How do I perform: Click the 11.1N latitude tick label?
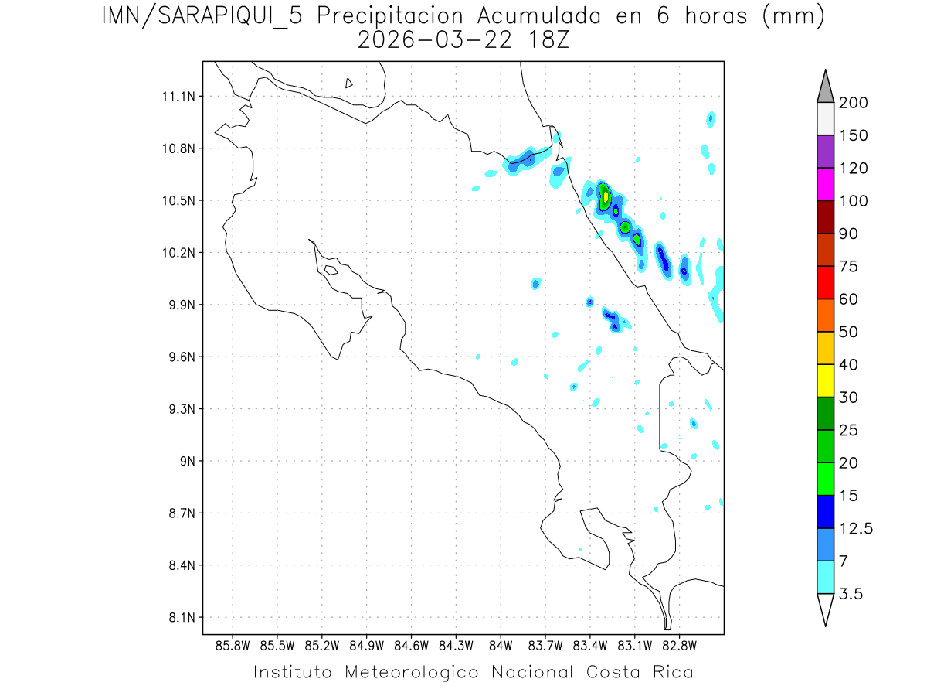click(x=178, y=97)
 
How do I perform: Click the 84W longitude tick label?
click(x=501, y=644)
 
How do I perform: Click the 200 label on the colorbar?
click(x=854, y=104)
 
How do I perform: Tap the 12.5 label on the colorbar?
click(x=856, y=529)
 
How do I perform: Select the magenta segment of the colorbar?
click(x=825, y=184)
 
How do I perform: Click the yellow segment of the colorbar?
click(x=825, y=380)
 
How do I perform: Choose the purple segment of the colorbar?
click(x=825, y=152)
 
